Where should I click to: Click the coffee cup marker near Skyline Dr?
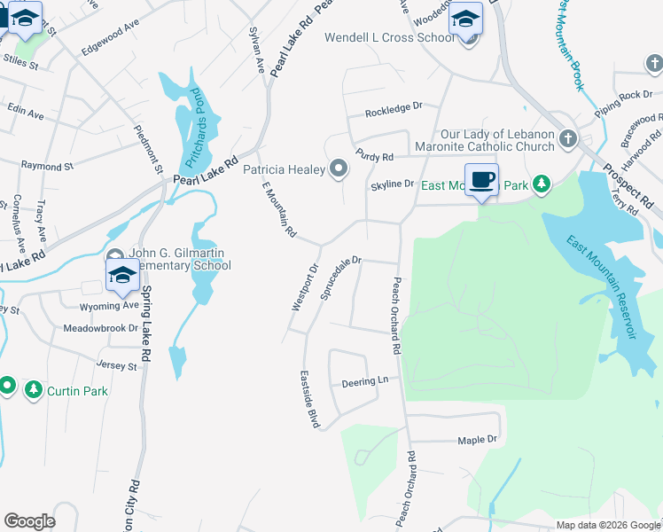481,180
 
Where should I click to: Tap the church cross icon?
567,139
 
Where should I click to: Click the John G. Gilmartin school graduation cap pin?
122,275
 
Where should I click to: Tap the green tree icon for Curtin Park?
34,390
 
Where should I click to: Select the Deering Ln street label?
365,383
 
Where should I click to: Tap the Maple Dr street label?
478,440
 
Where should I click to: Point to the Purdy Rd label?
374,156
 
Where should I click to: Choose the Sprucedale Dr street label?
341,278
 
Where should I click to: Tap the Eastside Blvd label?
308,399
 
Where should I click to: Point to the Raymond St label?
47,166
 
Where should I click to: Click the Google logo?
29,521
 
